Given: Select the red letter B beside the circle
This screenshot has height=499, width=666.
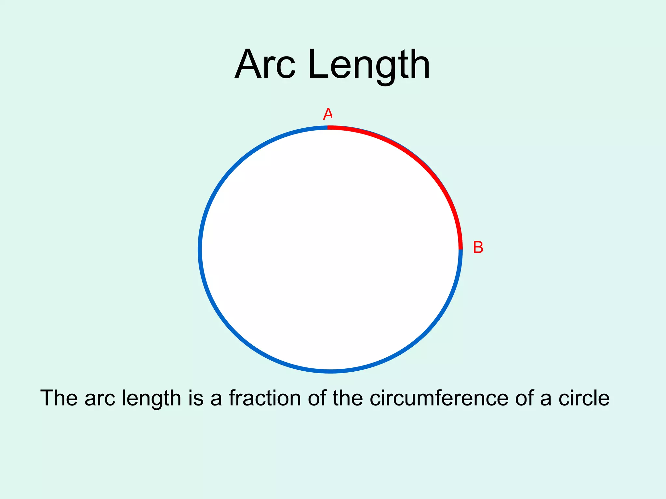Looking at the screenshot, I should point(478,248).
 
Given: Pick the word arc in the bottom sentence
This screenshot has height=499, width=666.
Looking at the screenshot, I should point(100,398).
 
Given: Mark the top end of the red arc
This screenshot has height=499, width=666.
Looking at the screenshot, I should point(328,128).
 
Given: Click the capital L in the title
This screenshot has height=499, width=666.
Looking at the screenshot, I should point(316,65).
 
